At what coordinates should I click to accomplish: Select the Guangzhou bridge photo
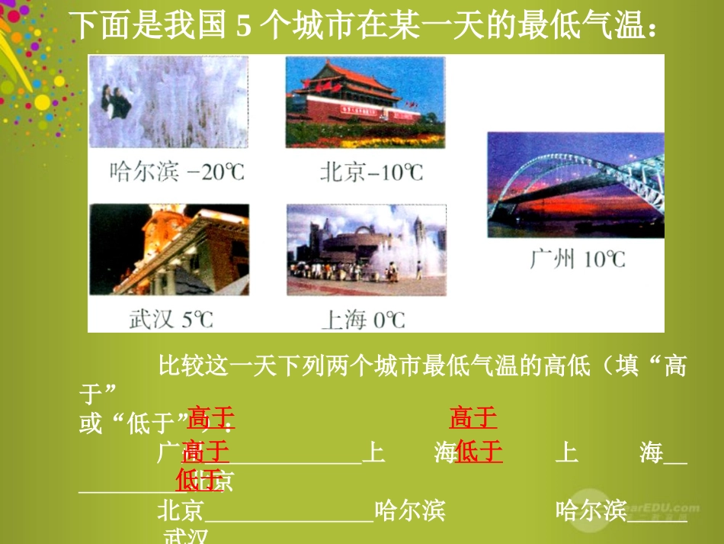pyautogui.click(x=575, y=184)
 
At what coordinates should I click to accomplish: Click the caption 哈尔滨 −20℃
pyautogui.click(x=178, y=171)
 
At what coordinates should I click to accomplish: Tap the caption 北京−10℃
pyautogui.click(x=371, y=172)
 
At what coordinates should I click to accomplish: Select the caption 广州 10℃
pyautogui.click(x=578, y=259)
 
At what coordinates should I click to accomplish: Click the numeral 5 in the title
pyautogui.click(x=244, y=27)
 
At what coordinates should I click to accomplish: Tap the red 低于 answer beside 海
pyautogui.click(x=479, y=452)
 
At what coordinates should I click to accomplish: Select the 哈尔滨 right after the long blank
pyautogui.click(x=410, y=510)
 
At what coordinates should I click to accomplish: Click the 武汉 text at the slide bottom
pyautogui.click(x=186, y=536)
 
